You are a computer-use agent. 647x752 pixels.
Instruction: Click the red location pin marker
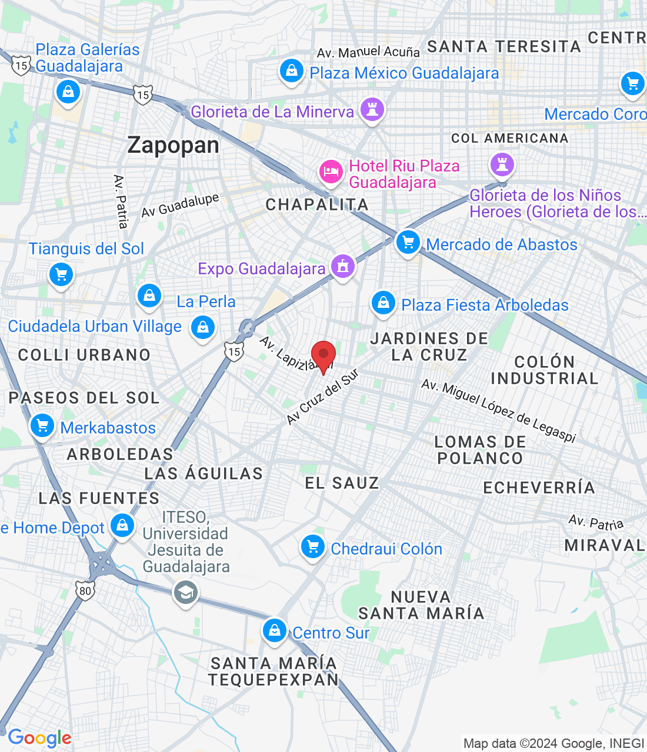(323, 355)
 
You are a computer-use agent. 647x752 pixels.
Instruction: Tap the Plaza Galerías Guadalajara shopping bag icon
(68, 92)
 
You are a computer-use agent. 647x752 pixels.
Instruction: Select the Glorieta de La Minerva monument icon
(372, 109)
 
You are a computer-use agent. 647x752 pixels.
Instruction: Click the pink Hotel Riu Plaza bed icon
(331, 172)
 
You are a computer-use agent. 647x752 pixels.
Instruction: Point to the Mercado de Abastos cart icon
(408, 242)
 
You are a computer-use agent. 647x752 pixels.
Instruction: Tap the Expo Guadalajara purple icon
(342, 266)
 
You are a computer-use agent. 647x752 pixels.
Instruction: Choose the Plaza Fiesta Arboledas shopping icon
(383, 303)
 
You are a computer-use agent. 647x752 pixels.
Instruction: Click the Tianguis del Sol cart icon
(61, 274)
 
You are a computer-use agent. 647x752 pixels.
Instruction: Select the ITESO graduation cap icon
(185, 592)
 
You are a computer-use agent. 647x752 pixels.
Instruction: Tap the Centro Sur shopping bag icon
(274, 631)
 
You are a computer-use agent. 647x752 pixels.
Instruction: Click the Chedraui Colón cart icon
(312, 547)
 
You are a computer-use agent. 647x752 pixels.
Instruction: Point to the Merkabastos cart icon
(42, 426)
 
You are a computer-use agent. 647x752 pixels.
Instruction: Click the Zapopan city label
(173, 145)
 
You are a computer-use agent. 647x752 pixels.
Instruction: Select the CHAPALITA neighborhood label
(317, 204)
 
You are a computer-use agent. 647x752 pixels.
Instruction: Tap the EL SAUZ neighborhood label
(342, 483)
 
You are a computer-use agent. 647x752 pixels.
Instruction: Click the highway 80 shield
(85, 590)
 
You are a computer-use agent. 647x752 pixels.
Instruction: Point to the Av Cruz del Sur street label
(322, 397)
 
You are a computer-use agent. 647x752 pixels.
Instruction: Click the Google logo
(39, 738)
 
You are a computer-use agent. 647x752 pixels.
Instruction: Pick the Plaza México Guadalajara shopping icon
(291, 70)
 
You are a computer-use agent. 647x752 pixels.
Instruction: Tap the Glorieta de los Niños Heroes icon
(502, 164)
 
